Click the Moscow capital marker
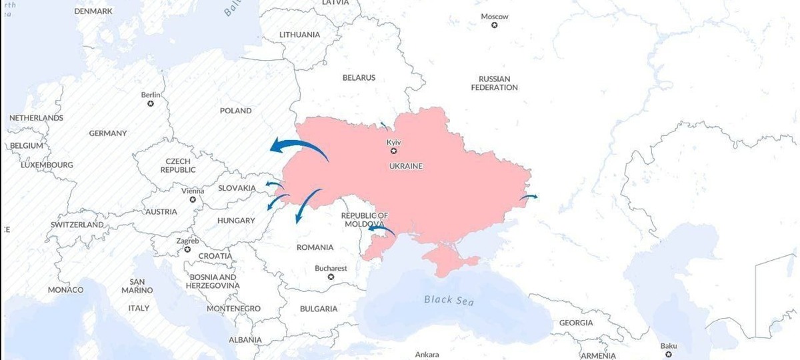495,25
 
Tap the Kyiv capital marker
393,151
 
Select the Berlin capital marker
151,103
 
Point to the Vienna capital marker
193,199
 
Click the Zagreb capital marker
187,249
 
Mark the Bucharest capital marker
331,277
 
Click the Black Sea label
449,300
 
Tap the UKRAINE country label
405,165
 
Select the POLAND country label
236,111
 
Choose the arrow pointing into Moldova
383,230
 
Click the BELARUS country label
359,77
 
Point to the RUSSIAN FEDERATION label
494,83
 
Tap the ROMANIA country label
315,247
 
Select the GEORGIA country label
575,323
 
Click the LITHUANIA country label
299,35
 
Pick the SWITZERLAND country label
77,225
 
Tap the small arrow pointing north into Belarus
384,125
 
